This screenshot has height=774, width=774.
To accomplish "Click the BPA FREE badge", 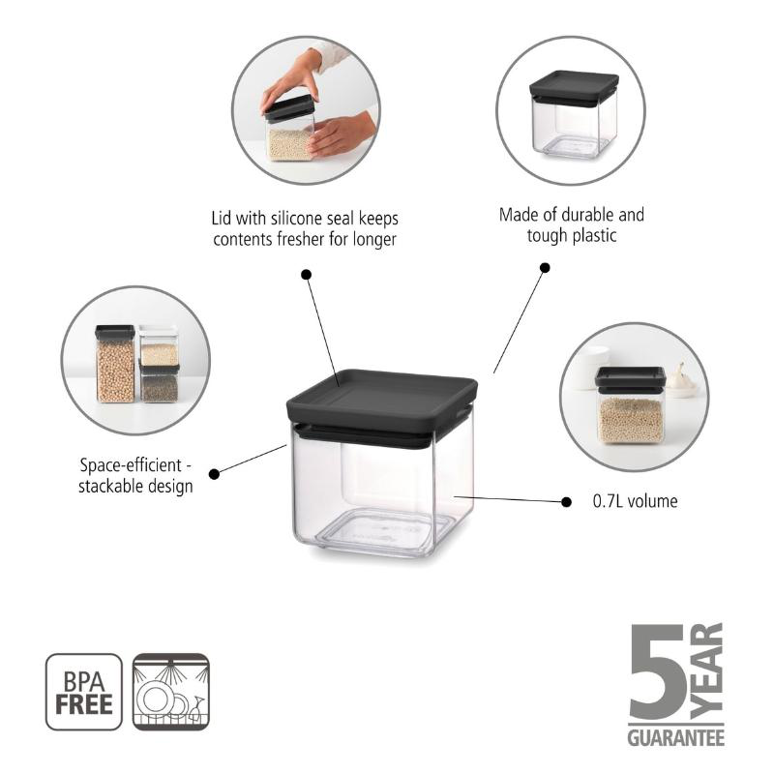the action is click(84, 692).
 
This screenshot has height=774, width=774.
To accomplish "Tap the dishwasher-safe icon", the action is click(171, 692).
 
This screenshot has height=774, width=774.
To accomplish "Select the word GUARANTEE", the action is click(675, 737).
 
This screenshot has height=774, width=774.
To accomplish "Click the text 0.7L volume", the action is click(635, 501).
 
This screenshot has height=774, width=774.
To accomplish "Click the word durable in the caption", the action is click(586, 215).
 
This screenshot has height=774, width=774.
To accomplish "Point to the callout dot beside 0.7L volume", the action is click(566, 502).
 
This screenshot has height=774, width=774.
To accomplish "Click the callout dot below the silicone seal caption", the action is click(306, 274).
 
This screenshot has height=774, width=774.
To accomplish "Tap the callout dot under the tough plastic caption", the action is click(545, 268).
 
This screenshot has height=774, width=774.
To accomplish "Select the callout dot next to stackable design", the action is click(214, 474).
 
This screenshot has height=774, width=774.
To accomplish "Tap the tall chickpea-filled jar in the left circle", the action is click(115, 364).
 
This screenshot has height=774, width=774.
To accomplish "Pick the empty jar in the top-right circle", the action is click(573, 115).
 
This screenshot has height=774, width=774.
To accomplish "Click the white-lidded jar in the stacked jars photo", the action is click(158, 345).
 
